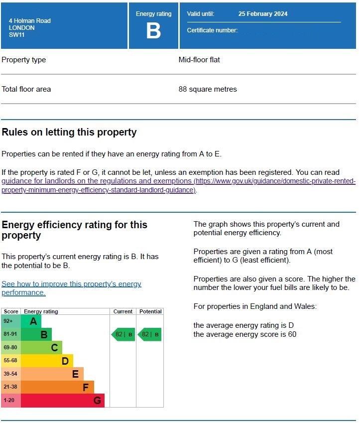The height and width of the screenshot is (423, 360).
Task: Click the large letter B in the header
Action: pyautogui.click(x=153, y=31)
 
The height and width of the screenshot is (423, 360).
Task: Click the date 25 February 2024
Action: pyautogui.click(x=262, y=14)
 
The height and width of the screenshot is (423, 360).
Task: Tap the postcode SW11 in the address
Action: pyautogui.click(x=17, y=35)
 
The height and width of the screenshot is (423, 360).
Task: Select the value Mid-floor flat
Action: pyautogui.click(x=199, y=60)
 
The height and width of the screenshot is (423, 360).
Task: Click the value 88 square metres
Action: pyautogui.click(x=208, y=89)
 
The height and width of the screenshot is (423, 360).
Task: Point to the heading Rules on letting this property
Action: pyautogui.click(x=69, y=132)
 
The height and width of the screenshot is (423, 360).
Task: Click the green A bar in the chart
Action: pyautogui.click(x=31, y=321)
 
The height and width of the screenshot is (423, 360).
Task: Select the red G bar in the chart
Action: pyautogui.click(x=63, y=400)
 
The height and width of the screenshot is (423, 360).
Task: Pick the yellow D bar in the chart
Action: pyautogui.click(x=47, y=361)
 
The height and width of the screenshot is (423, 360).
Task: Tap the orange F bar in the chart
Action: pyautogui.click(x=57, y=387)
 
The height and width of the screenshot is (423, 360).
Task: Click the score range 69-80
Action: pyautogui.click(x=10, y=347)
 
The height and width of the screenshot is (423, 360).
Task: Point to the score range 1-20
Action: pyautogui.click(x=9, y=400)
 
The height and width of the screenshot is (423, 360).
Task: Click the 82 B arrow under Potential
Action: pyautogui.click(x=150, y=334)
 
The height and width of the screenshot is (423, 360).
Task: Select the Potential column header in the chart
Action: pyautogui.click(x=150, y=311)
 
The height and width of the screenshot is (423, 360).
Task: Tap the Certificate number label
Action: pyautogui.click(x=212, y=30)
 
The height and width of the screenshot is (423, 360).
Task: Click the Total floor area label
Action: pyautogui.click(x=26, y=89)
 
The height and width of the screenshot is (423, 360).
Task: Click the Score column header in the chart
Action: pyautogui.click(x=11, y=311)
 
